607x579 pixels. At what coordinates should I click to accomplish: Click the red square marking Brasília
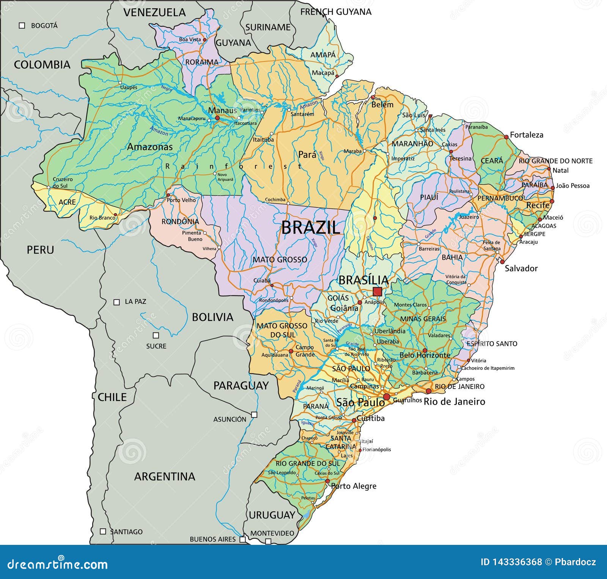pyautogui.click(x=377, y=292)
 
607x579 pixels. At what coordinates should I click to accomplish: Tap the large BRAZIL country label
pyautogui.click(x=310, y=228)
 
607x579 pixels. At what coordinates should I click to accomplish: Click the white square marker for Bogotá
pyautogui.click(x=22, y=25)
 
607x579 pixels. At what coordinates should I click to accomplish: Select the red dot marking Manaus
pyautogui.click(x=217, y=118)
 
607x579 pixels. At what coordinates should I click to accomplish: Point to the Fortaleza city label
pyautogui.click(x=527, y=135)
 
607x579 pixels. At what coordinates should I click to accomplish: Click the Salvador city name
pyautogui.click(x=521, y=268)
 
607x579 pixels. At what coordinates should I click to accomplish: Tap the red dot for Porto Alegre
pyautogui.click(x=327, y=481)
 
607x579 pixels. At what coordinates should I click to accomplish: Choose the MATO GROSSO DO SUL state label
pyautogui.click(x=282, y=330)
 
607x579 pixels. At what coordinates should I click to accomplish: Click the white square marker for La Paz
pyautogui.click(x=117, y=302)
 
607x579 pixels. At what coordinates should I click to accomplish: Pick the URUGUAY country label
pyautogui.click(x=272, y=515)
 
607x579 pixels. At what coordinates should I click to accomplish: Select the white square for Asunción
pyautogui.click(x=254, y=414)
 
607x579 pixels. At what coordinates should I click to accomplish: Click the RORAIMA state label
pyautogui.click(x=202, y=62)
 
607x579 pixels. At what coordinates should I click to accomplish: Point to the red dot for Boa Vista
pyautogui.click(x=204, y=39)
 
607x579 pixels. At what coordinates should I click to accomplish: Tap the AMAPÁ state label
pyautogui.click(x=323, y=55)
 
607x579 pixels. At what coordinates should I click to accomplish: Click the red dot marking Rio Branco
pyautogui.click(x=115, y=215)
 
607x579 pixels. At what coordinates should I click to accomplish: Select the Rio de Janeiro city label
pyautogui.click(x=454, y=402)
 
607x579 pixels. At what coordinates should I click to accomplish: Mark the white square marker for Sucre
pyautogui.click(x=156, y=335)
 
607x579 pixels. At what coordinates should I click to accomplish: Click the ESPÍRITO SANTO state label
pyautogui.click(x=492, y=344)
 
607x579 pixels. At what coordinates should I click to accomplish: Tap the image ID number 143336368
pyautogui.click(x=511, y=562)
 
